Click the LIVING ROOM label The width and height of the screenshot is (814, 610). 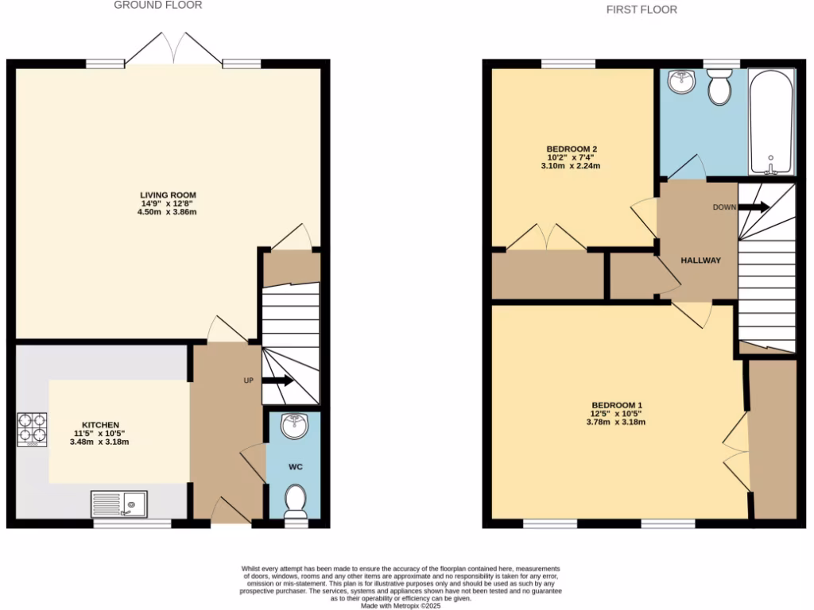[168, 195]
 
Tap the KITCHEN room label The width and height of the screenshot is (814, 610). [100, 425]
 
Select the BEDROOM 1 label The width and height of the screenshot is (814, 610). [616, 405]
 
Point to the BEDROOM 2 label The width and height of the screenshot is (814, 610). [572, 149]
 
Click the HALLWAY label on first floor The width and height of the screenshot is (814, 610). [700, 261]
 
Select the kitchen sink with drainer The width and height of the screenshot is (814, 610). [118, 504]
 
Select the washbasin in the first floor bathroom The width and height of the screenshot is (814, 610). [681, 80]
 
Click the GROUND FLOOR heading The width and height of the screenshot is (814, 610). [158, 5]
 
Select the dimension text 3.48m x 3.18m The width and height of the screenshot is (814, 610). [100, 442]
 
